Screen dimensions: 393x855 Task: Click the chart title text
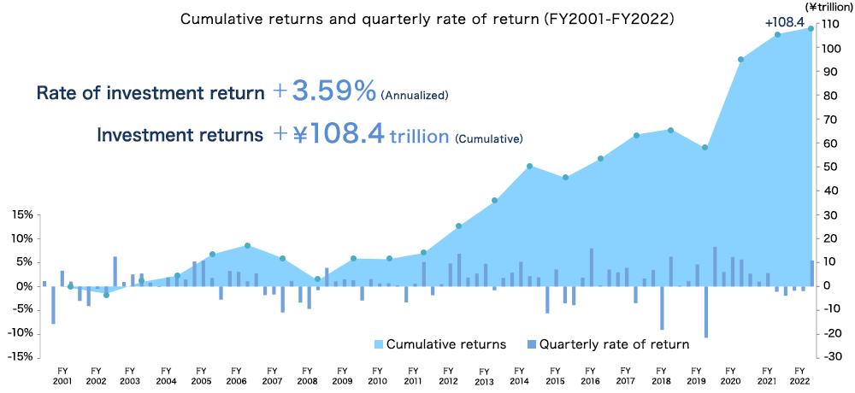(427, 18)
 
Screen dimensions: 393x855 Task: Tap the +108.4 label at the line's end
(785, 21)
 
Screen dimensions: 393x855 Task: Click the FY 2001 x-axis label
(62, 375)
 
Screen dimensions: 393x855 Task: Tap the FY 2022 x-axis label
(799, 375)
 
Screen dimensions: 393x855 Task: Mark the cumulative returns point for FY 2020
(740, 60)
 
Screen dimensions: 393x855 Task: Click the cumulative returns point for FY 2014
(530, 166)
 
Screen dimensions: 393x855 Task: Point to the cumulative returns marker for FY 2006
(247, 246)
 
